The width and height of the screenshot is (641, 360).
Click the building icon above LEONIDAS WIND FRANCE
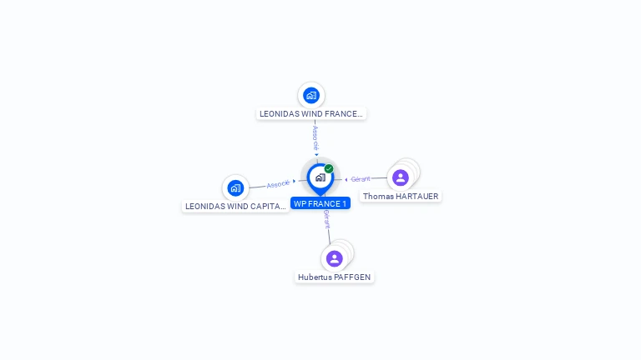tap(311, 95)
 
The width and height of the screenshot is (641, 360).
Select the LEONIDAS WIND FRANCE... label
tap(310, 113)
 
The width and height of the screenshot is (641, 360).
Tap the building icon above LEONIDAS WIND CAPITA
tap(235, 187)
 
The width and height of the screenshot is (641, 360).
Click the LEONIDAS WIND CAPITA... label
tap(235, 206)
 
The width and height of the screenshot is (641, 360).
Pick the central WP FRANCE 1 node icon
tap(320, 177)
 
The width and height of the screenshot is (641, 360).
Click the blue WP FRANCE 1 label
tap(320, 203)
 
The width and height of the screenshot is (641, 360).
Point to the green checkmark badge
tap(329, 169)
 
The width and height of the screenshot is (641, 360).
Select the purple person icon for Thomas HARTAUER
tap(401, 177)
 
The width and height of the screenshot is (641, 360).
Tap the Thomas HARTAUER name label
tap(401, 196)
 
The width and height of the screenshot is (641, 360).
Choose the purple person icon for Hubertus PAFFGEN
tap(335, 258)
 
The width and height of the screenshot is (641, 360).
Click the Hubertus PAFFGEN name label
tap(335, 277)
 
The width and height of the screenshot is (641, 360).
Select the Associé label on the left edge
tap(279, 183)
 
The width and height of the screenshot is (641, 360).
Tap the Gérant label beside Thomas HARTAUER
tap(361, 179)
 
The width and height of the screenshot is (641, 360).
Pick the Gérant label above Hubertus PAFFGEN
tap(327, 219)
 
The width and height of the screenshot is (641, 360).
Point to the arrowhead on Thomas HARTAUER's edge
tap(346, 179)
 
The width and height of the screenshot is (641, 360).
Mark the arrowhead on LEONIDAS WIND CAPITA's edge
tap(295, 181)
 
